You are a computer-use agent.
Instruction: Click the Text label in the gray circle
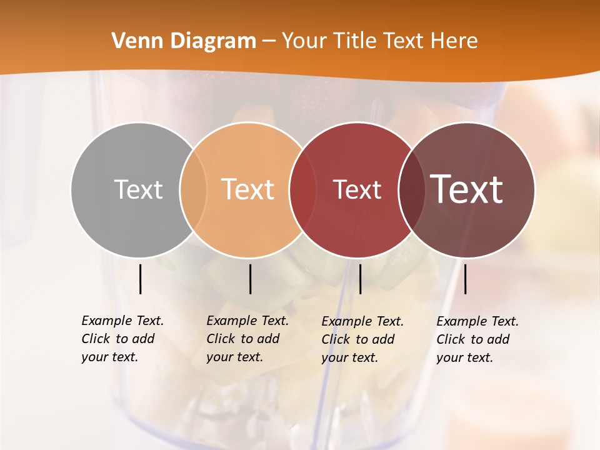pos(138,189)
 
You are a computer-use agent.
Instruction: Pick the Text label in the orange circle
pos(248,189)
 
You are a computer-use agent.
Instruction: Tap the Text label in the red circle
pos(357,189)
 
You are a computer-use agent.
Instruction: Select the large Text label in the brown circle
pos(467,189)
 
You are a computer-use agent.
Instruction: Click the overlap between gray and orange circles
pos(193,189)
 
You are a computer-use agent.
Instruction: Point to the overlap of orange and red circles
pos(302,189)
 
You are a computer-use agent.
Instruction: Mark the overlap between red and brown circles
pos(411,189)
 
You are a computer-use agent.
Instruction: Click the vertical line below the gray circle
pos(140,279)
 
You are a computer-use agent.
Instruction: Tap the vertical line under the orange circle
pos(250,279)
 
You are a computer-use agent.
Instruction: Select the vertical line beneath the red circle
pos(360,279)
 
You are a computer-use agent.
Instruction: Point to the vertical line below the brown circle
pos(465,279)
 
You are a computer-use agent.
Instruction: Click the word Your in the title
pos(304,41)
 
